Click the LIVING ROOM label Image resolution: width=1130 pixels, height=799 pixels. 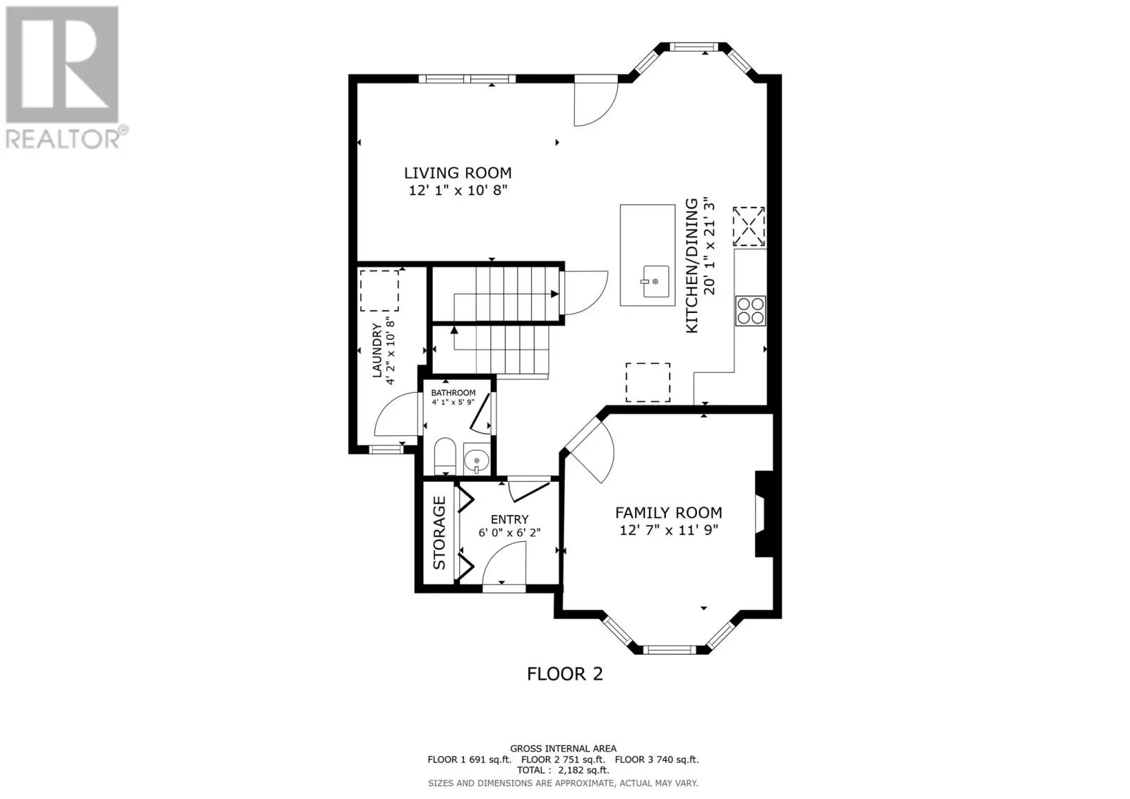click(x=458, y=172)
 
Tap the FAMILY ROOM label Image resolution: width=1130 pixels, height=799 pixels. click(x=668, y=513)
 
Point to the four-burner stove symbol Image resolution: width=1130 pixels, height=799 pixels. click(x=750, y=310)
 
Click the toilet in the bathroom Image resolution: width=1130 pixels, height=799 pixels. click(x=445, y=456)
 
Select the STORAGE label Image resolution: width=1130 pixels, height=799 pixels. click(x=439, y=533)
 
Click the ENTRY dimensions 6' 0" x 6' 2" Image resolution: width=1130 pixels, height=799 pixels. click(x=509, y=533)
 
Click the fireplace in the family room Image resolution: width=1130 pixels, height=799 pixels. click(x=763, y=514)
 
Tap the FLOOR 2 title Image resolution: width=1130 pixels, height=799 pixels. click(x=565, y=673)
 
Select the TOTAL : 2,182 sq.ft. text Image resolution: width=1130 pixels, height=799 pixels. click(x=563, y=771)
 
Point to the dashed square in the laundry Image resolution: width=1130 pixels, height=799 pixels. click(x=379, y=290)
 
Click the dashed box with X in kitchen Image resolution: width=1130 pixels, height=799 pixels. click(x=749, y=226)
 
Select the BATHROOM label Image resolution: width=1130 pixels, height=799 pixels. click(x=453, y=393)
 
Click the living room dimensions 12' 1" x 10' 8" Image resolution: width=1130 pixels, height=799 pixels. click(x=458, y=190)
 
